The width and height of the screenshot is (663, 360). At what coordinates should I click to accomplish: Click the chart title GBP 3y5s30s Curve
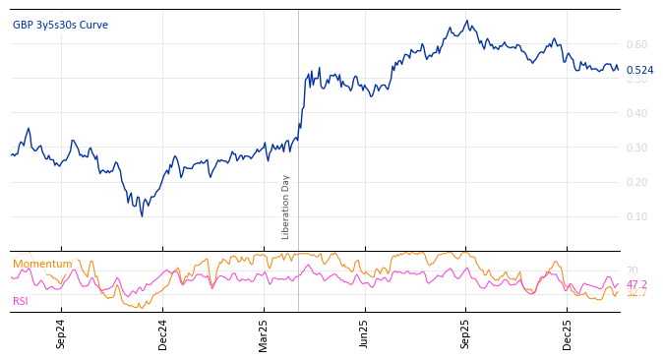60,25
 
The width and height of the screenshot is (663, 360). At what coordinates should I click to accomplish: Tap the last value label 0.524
639,70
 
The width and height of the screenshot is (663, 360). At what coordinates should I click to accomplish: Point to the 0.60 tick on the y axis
636,44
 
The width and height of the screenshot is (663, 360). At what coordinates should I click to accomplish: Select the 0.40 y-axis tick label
636,113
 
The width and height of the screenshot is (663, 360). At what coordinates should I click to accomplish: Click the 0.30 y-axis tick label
636,148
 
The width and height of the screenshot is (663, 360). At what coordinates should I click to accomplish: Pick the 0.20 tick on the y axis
636,182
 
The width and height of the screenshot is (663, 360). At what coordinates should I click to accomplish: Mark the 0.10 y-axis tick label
636,216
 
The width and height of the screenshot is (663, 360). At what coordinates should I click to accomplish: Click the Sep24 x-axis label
61,333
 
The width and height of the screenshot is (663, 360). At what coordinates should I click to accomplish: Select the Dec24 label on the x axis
162,333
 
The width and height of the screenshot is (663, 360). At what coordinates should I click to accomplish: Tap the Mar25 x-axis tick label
264,333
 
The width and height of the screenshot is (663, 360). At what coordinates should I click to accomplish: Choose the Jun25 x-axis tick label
365,333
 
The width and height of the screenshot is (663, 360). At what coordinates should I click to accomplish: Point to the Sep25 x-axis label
466,333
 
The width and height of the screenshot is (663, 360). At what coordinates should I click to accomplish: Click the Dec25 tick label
568,333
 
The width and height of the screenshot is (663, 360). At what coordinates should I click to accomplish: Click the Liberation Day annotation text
286,207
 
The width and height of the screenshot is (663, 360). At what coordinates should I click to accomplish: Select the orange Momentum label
42,264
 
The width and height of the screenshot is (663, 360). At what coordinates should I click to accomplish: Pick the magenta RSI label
21,301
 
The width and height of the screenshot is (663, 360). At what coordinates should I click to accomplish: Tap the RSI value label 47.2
636,284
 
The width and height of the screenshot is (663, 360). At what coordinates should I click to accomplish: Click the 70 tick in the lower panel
633,270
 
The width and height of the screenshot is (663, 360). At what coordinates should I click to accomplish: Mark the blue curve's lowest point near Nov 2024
142,215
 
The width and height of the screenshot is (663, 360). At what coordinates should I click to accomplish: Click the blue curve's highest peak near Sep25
468,21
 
